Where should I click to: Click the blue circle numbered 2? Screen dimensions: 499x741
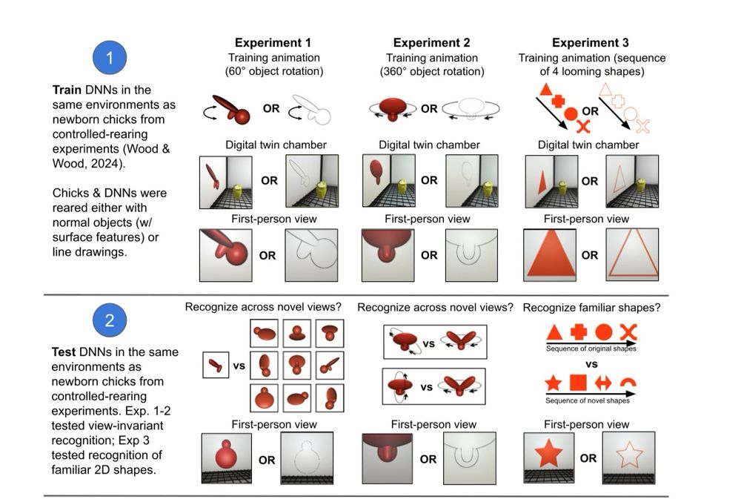click(110, 321)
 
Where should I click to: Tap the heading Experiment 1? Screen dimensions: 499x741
click(273, 43)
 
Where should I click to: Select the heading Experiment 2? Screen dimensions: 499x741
click(431, 43)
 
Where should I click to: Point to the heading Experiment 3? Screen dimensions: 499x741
click(591, 43)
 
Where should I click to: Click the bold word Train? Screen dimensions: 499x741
click(67, 90)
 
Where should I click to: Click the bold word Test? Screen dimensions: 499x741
click(65, 352)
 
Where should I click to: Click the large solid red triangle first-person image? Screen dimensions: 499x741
click(551, 256)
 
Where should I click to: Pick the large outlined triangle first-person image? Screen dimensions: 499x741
click(632, 256)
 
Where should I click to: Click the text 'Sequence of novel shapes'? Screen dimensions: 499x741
click(588, 400)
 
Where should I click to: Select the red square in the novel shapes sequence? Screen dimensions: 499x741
click(578, 383)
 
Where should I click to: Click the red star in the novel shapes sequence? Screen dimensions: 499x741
click(554, 383)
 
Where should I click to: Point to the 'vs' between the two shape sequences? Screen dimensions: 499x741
click(591, 365)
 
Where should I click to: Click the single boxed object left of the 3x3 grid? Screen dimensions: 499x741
click(216, 364)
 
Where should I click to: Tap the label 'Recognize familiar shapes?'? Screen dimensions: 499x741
click(591, 308)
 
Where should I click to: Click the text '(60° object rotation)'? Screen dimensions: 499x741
click(273, 71)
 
